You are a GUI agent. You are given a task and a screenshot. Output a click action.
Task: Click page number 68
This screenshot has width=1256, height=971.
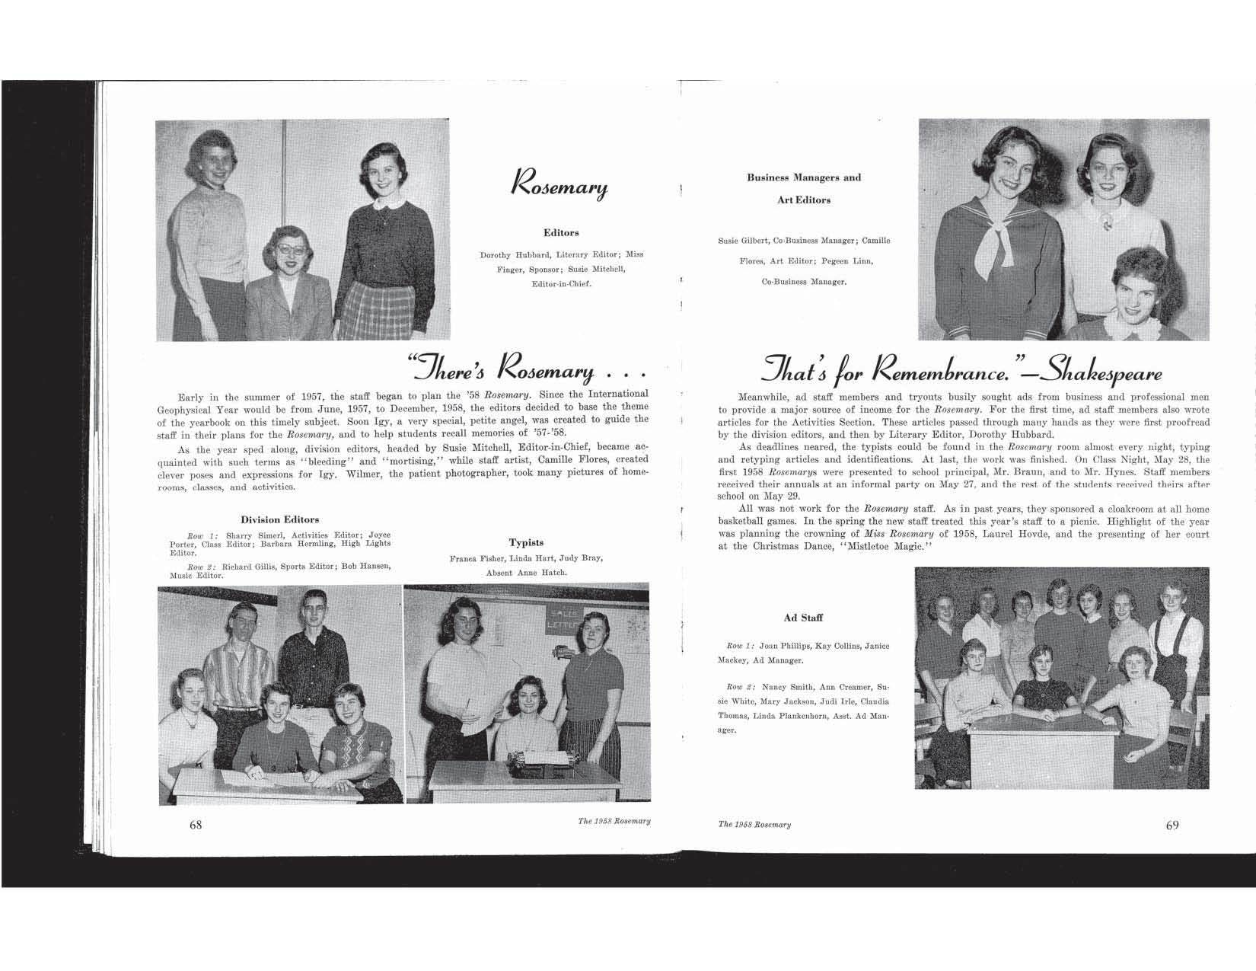(196, 826)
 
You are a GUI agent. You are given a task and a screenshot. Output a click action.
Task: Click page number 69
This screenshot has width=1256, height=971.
(1172, 826)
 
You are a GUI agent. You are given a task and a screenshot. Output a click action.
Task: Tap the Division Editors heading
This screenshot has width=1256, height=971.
(279, 519)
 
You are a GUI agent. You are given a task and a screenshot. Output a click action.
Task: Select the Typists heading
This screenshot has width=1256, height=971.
(526, 542)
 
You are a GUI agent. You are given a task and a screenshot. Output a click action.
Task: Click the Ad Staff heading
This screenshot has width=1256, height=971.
(803, 618)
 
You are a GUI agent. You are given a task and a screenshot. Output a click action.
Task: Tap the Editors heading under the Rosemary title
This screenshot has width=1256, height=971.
(561, 232)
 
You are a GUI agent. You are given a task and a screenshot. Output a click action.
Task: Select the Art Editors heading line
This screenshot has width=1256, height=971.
(804, 200)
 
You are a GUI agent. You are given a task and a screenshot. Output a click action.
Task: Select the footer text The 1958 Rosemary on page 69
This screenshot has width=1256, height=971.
(754, 825)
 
